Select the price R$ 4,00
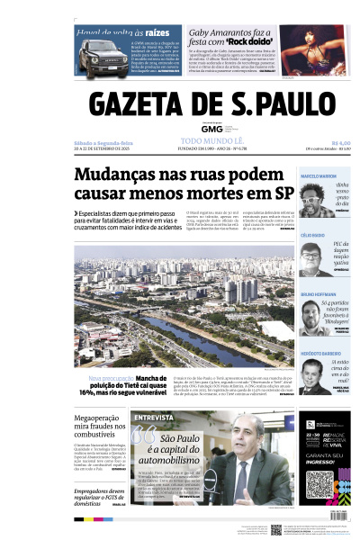pyautogui.click(x=340, y=141)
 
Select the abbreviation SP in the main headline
pyautogui.click(x=283, y=193)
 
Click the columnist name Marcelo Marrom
pyautogui.click(x=319, y=175)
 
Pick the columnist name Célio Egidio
pyautogui.click(x=312, y=234)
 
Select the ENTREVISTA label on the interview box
pyautogui.click(x=154, y=418)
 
